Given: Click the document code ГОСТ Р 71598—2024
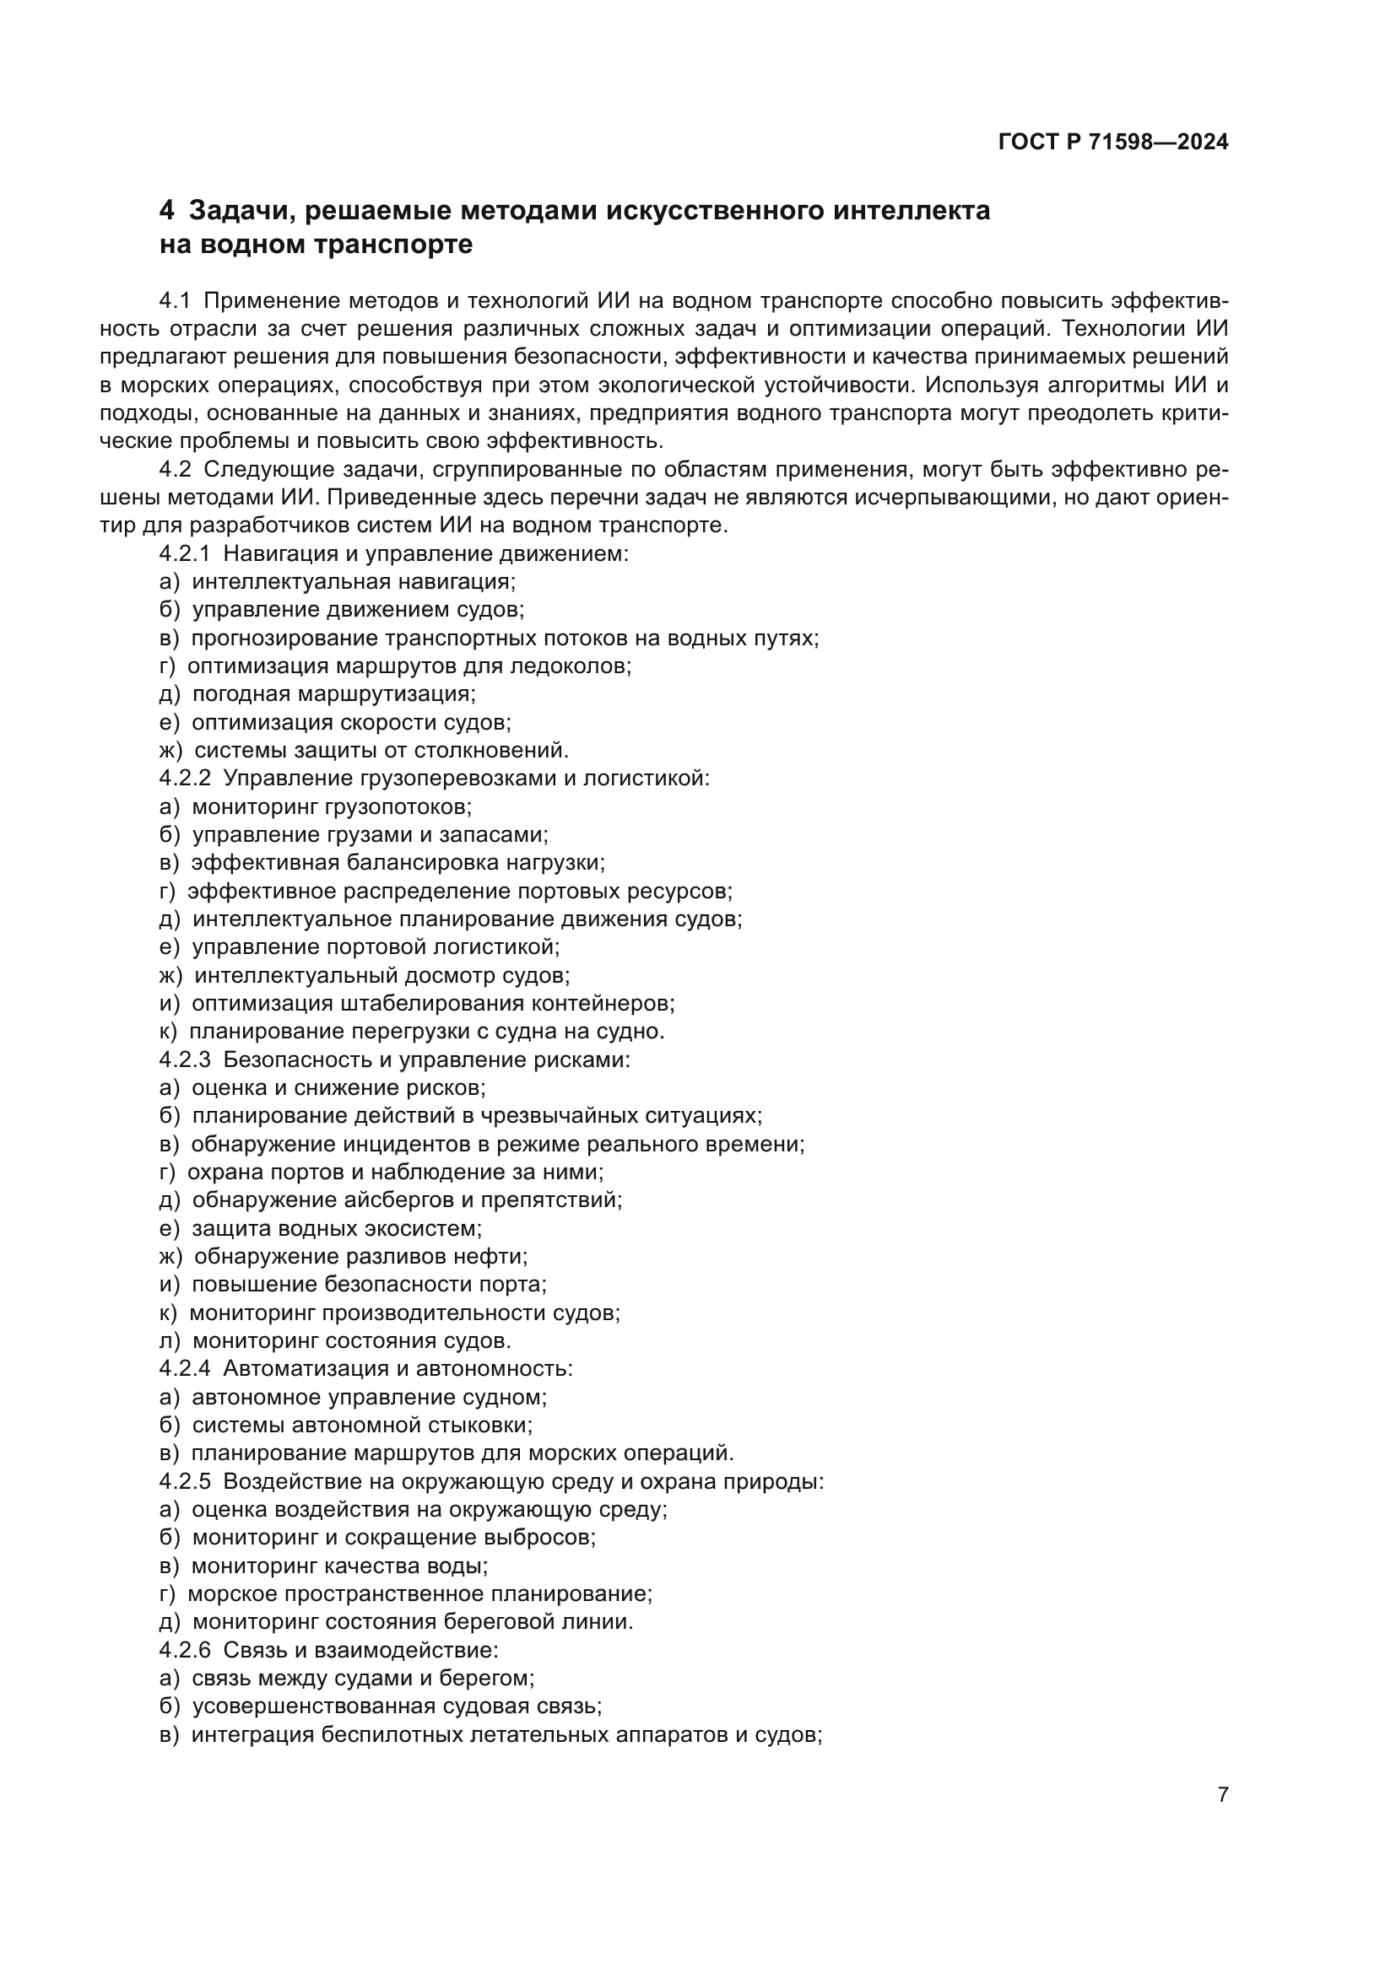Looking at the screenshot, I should [1113, 142].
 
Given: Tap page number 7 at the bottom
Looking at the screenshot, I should [1222, 1794].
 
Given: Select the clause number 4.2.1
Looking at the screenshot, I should [185, 553].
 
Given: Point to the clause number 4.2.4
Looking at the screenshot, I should [185, 1368].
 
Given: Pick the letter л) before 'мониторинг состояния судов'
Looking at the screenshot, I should [170, 1340].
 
